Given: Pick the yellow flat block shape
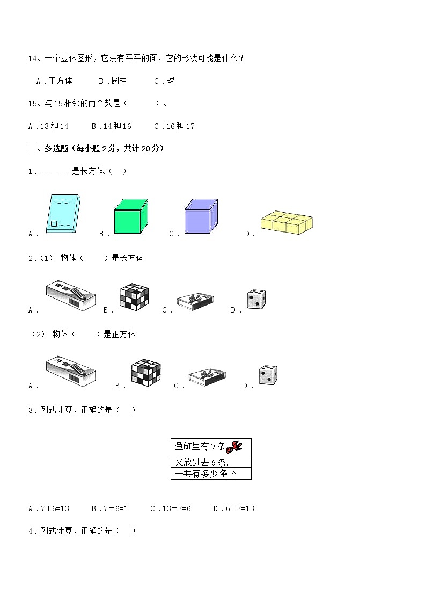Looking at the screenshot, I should (x=287, y=223).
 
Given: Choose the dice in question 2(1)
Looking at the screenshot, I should (x=256, y=300).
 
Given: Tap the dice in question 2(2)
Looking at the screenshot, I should (x=268, y=375).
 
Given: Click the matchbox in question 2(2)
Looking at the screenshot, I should (x=210, y=377).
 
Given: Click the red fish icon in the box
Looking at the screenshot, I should (x=235, y=446).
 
